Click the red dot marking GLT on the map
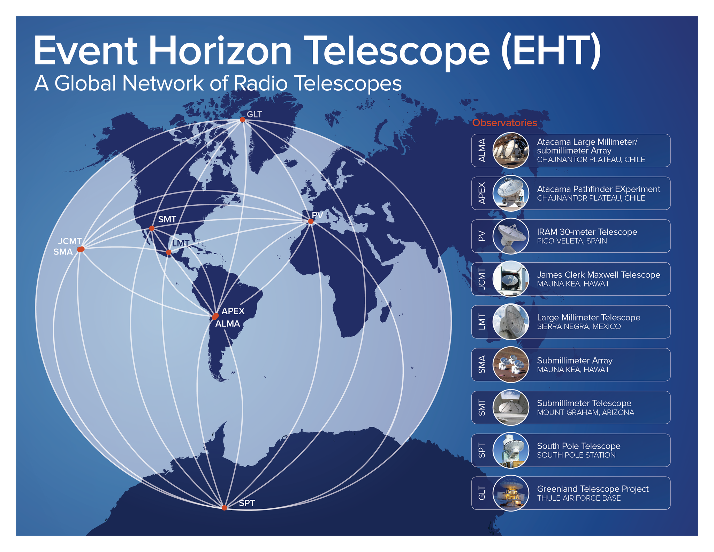click(242, 120)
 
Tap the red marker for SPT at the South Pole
click(224, 508)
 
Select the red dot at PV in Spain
click(311, 221)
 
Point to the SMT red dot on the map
click(152, 228)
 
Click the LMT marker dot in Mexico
click(169, 252)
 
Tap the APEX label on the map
click(233, 311)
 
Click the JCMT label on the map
click(70, 241)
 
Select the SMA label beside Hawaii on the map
click(63, 252)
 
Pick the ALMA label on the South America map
click(227, 324)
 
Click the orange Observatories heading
click(504, 123)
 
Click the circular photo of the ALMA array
click(511, 150)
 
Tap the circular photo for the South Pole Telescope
click(511, 450)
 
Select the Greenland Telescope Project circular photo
click(511, 493)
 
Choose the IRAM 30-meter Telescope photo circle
click(511, 236)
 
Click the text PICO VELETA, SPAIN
click(572, 241)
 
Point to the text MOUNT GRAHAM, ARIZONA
click(585, 413)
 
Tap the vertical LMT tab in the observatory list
click(482, 322)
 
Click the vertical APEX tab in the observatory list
click(482, 193)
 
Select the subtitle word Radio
click(260, 84)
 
